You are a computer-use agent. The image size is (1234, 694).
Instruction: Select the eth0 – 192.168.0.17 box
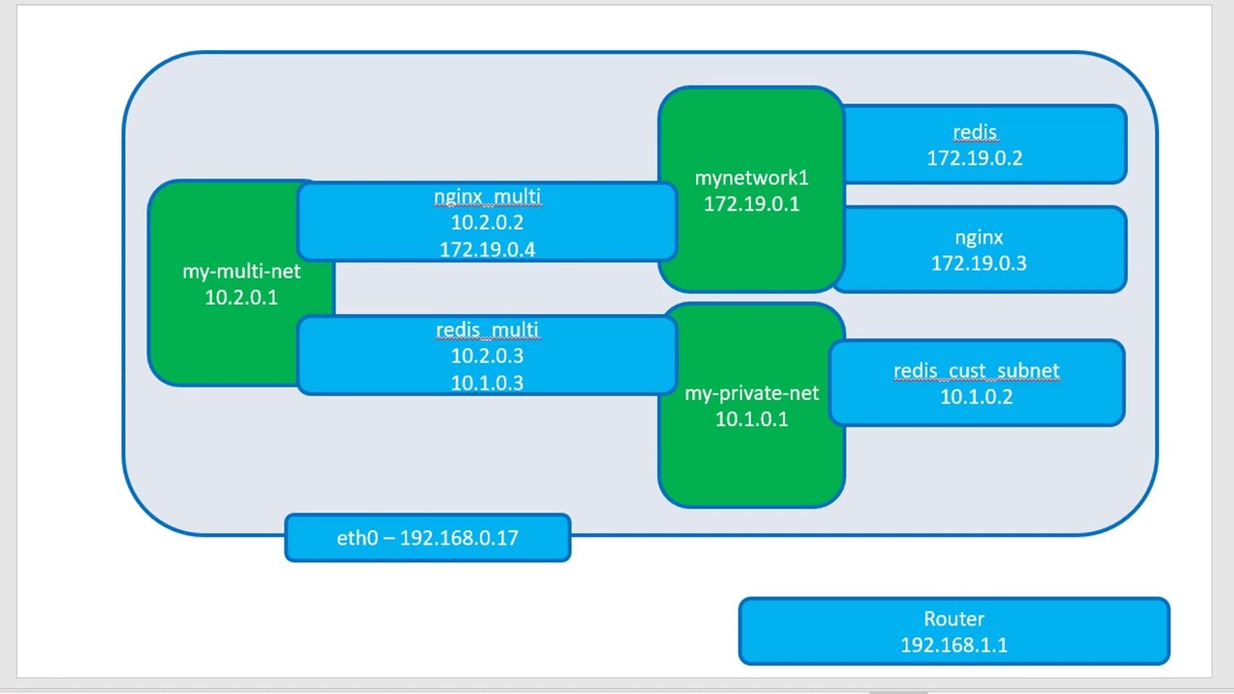pyautogui.click(x=427, y=538)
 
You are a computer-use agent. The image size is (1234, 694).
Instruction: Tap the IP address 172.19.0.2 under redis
pyautogui.click(x=975, y=158)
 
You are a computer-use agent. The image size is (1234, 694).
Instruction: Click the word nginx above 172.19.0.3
pyautogui.click(x=979, y=237)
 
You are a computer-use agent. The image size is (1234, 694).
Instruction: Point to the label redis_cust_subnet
pyautogui.click(x=976, y=370)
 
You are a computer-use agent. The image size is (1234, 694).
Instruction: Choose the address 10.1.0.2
pyautogui.click(x=976, y=396)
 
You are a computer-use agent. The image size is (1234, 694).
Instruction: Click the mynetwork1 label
pyautogui.click(x=751, y=177)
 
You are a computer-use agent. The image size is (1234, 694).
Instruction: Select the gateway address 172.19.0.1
pyautogui.click(x=751, y=203)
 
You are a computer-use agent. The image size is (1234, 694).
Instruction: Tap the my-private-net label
pyautogui.click(x=751, y=392)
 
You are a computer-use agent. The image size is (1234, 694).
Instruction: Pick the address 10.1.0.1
pyautogui.click(x=751, y=418)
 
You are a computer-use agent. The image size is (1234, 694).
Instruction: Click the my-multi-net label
pyautogui.click(x=241, y=271)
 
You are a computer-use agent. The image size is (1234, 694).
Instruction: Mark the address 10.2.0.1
pyautogui.click(x=241, y=297)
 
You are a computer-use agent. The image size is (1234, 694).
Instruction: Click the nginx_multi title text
pyautogui.click(x=487, y=197)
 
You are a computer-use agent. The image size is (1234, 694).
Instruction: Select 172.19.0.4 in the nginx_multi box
pyautogui.click(x=487, y=249)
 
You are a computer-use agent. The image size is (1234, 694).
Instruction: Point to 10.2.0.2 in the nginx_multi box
pyautogui.click(x=487, y=223)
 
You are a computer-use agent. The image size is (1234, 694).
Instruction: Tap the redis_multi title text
pyautogui.click(x=487, y=330)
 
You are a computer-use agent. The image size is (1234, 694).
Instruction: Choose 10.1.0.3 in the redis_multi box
pyautogui.click(x=487, y=382)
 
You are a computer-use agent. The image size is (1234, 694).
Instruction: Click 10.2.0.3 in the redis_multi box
pyautogui.click(x=487, y=356)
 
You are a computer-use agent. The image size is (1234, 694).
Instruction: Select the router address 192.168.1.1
pyautogui.click(x=953, y=645)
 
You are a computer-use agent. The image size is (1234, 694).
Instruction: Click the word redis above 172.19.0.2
pyautogui.click(x=975, y=132)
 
